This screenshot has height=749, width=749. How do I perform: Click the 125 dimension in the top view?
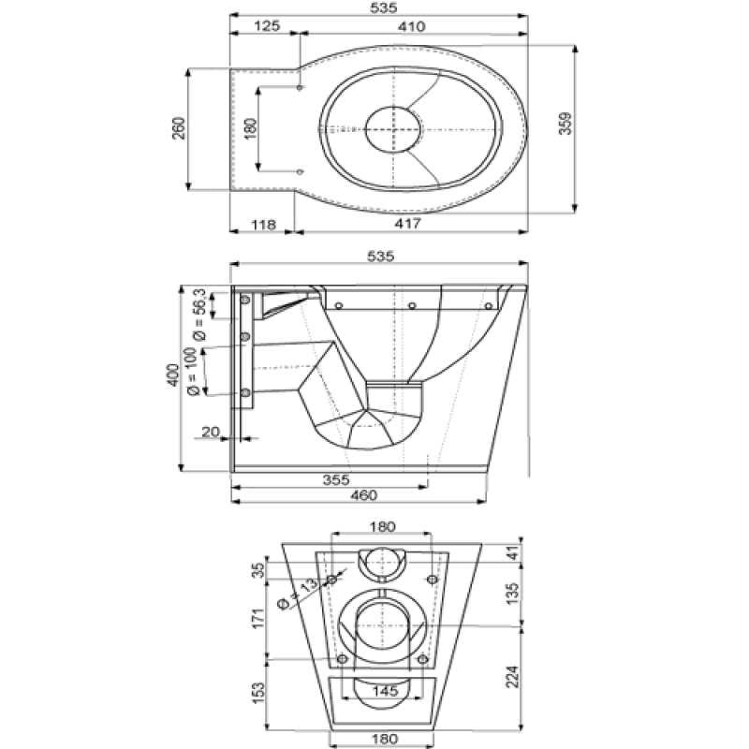[x=267, y=26]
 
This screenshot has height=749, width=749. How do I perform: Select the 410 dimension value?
[x=411, y=26]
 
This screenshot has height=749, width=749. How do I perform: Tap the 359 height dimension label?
[x=565, y=124]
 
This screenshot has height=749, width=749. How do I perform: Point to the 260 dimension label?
[x=179, y=128]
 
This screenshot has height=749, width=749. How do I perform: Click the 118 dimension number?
[x=263, y=224]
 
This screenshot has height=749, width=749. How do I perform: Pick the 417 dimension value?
[x=407, y=223]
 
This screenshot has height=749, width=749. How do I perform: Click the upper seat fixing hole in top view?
[x=300, y=87]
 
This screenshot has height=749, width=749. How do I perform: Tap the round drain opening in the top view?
[x=394, y=129]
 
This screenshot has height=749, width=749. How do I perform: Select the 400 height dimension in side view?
[x=173, y=375]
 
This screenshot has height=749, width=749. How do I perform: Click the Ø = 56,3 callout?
[x=199, y=315]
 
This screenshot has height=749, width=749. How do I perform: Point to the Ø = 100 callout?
[x=192, y=372]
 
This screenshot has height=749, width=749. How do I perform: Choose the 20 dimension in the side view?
[x=210, y=432]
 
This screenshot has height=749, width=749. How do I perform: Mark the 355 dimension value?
[x=336, y=479]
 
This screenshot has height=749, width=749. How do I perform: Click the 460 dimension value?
[x=364, y=495]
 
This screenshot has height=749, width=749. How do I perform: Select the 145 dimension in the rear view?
[x=385, y=691]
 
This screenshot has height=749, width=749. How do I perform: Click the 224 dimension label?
[x=512, y=676]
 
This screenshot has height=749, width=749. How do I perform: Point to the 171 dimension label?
[x=258, y=619]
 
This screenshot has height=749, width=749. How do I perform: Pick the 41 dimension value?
[x=512, y=553]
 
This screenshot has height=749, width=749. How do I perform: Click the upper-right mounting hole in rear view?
[x=433, y=580]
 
